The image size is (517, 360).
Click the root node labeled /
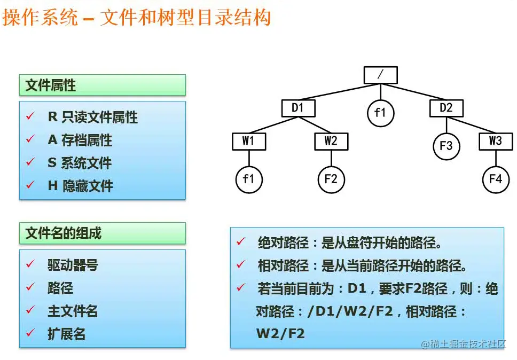click(x=380, y=75)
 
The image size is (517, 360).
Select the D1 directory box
click(x=298, y=108)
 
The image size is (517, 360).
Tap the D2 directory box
click(x=446, y=108)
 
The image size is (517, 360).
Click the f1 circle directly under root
click(x=380, y=113)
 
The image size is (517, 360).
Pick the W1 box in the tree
click(x=248, y=142)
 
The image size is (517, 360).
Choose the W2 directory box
click(x=331, y=142)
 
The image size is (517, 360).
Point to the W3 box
click(x=496, y=142)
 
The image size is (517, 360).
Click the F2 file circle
click(x=331, y=179)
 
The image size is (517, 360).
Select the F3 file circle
click(x=446, y=146)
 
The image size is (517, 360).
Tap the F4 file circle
click(x=496, y=179)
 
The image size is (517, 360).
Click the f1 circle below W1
click(x=248, y=179)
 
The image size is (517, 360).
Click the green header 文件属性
click(x=102, y=85)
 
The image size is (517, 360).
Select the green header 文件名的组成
click(x=102, y=233)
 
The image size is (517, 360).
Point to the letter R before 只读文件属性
click(x=53, y=116)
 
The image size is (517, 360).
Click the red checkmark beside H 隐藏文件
click(x=30, y=185)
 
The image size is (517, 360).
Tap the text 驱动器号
click(x=73, y=265)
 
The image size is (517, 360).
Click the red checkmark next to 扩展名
click(x=30, y=333)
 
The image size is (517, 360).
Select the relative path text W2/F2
click(x=280, y=334)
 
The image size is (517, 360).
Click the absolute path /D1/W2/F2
click(x=350, y=311)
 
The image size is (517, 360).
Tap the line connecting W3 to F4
click(x=496, y=158)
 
